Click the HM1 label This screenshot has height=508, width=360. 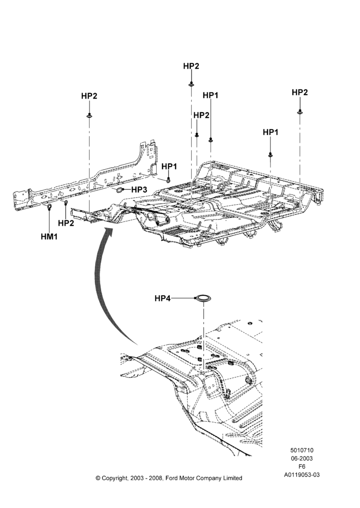(x=49, y=237)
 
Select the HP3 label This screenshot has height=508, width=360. (x=139, y=189)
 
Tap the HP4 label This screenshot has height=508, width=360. (x=163, y=298)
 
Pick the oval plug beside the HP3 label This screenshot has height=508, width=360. (x=120, y=189)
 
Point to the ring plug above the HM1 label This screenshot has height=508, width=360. (x=49, y=207)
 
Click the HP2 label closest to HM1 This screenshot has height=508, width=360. (x=66, y=223)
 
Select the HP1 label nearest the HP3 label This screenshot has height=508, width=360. (x=169, y=167)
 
